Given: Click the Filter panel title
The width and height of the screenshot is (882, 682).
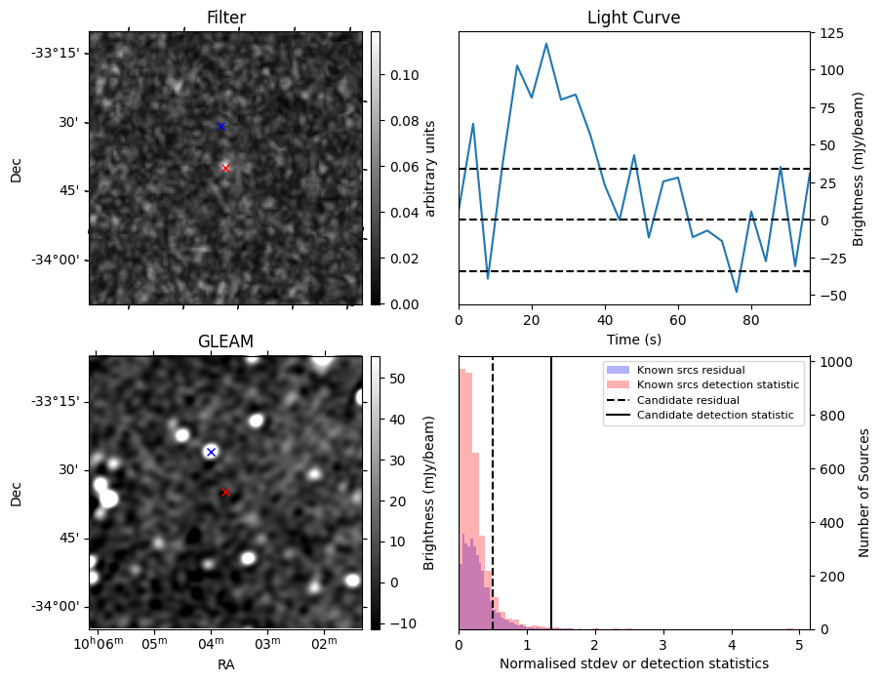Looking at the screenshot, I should (225, 18).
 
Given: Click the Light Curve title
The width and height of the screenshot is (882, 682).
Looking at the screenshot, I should (633, 18).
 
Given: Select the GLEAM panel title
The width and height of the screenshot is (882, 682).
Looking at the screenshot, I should (225, 341).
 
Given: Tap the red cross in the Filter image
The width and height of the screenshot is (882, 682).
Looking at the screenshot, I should (225, 168).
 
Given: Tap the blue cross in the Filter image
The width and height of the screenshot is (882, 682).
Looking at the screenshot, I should (220, 126).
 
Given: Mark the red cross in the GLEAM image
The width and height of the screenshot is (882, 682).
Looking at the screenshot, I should (225, 492).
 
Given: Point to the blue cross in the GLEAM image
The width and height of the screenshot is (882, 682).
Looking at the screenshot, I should (211, 452).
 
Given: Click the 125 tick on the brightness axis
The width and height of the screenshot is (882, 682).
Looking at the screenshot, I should (830, 33).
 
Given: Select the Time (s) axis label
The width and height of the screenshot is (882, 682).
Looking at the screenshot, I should (633, 338).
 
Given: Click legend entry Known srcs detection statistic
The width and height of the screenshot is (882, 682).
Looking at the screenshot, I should (717, 384).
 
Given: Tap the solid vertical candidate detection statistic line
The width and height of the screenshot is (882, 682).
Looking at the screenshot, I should (551, 507).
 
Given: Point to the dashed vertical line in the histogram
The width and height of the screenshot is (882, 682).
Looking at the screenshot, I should (493, 507).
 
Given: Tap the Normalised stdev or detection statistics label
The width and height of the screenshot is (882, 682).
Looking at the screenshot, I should (633, 663).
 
